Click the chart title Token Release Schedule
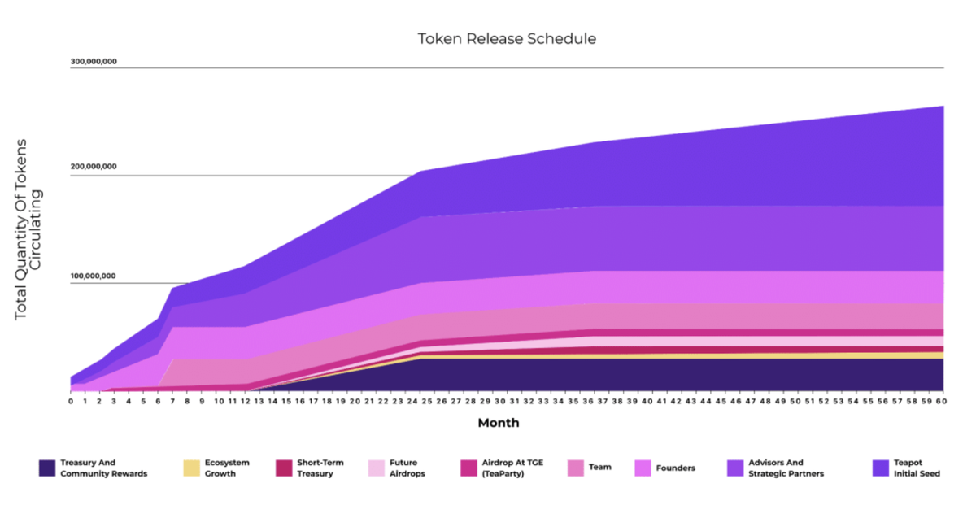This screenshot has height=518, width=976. [507, 39]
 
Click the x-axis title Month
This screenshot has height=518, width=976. [498, 423]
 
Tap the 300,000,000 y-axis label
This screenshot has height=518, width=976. [94, 61]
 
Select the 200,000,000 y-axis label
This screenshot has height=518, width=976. [94, 167]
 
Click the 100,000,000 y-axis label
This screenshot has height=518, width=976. [94, 276]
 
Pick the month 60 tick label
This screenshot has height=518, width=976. [940, 401]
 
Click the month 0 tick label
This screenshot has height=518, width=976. [71, 401]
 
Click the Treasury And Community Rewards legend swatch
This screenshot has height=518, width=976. [47, 468]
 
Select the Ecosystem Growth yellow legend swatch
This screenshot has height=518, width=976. [192, 468]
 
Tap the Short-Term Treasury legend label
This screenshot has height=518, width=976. [320, 468]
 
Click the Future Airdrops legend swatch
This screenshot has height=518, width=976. [375, 468]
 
